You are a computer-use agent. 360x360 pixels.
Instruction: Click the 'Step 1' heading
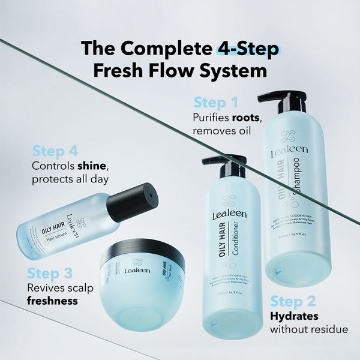[215, 102]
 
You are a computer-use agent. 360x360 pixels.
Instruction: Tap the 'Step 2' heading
[293, 301]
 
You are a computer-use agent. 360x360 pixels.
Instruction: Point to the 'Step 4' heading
[55, 150]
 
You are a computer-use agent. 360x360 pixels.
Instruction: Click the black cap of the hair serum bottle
[139, 203]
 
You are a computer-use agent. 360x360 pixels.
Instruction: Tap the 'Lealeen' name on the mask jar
[133, 271]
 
